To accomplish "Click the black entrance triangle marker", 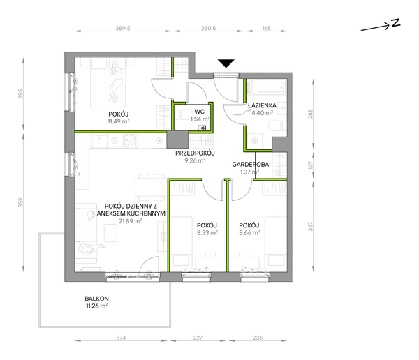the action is pyautogui.click(x=226, y=63).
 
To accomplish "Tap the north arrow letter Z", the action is pyautogui.click(x=396, y=23).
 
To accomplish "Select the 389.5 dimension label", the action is pyautogui.click(x=123, y=28).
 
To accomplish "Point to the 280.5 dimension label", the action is pyautogui.click(x=208, y=28).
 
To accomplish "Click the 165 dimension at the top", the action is pyautogui.click(x=267, y=28).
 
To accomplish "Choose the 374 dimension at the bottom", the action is pyautogui.click(x=121, y=338).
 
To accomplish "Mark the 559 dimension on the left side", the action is pyautogui.click(x=21, y=202).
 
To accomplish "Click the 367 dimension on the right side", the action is pyautogui.click(x=310, y=227).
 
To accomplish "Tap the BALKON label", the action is pyautogui.click(x=97, y=299).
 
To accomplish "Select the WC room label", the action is pyautogui.click(x=199, y=112).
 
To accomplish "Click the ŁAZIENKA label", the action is pyautogui.click(x=262, y=105).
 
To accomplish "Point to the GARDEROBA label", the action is pyautogui.click(x=251, y=165).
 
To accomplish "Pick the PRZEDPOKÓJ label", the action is pyautogui.click(x=195, y=153).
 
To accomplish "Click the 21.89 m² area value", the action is pyautogui.click(x=130, y=221).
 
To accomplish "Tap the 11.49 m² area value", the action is pyautogui.click(x=119, y=121).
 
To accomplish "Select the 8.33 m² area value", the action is pyautogui.click(x=207, y=232).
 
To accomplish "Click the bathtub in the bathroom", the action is pyautogui.click(x=267, y=87).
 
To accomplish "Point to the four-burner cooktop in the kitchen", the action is pyautogui.click(x=129, y=141).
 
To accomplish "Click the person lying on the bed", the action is pyautogui.click(x=116, y=82).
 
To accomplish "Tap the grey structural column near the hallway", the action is pyautogui.click(x=177, y=140).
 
